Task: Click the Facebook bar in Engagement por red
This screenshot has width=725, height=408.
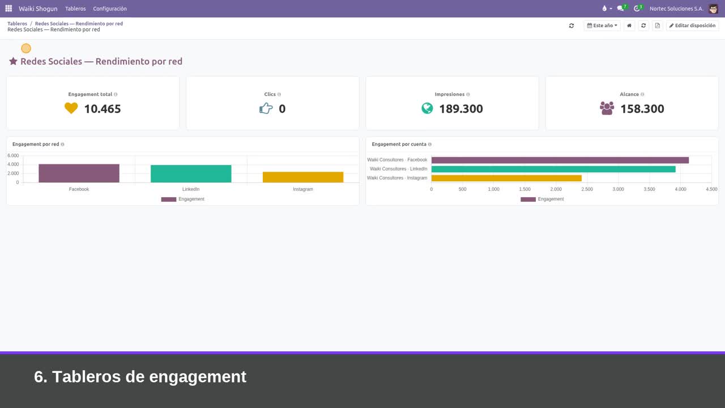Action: coord(79,173)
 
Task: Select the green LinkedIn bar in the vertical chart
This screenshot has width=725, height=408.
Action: coord(191,174)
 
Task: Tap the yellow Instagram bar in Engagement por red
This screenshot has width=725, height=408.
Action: coord(303,177)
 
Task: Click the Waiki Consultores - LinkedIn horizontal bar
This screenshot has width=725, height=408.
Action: coord(553,169)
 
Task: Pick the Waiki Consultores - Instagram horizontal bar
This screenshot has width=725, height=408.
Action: coord(506,178)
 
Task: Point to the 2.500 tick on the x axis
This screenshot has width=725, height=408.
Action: coord(587,189)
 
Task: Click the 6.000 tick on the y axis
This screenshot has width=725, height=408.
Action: coord(13,155)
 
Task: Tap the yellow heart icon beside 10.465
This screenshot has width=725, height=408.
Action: coord(71,108)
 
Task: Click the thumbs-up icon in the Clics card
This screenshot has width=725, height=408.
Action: coord(266,108)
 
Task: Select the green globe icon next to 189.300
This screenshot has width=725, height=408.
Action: coord(427,108)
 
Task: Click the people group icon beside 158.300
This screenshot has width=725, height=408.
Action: coord(607,108)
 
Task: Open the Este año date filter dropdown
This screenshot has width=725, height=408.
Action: coord(602,25)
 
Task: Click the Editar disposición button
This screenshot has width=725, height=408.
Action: coord(692,25)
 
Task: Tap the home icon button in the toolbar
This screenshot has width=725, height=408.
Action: coord(629,25)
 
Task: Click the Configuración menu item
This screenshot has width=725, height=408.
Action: coord(110,8)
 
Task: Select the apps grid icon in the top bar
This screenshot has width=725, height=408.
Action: coord(8,8)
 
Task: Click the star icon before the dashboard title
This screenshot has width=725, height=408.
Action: coord(13,61)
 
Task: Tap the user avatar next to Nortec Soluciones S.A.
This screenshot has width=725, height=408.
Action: coord(713,8)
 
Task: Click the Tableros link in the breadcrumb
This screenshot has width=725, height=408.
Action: coord(18,24)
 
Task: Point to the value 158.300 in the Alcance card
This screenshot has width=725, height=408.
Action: coord(642,109)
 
